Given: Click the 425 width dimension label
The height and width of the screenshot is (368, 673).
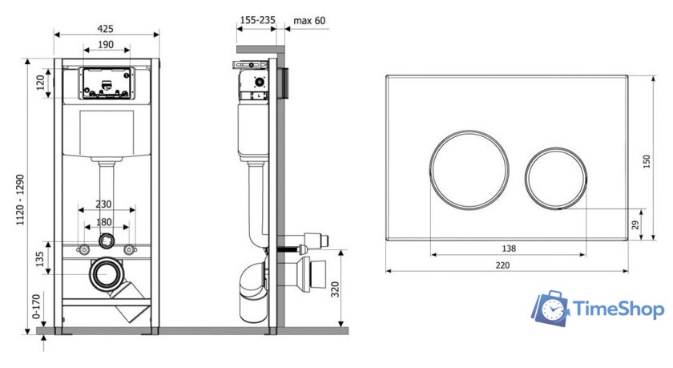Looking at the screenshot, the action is pyautogui.click(x=105, y=29).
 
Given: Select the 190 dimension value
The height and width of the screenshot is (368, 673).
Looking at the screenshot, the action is pyautogui.click(x=106, y=45).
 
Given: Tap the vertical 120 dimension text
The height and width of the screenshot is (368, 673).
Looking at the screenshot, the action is pyautogui.click(x=40, y=83).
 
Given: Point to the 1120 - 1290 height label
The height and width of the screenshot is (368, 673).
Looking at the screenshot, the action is pyautogui.click(x=20, y=200).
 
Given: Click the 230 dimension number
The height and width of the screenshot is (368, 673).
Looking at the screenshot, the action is pyautogui.click(x=103, y=204).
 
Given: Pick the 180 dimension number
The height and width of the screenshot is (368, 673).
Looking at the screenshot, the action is pyautogui.click(x=103, y=222).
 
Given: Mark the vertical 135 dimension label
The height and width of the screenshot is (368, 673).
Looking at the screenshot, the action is pyautogui.click(x=40, y=259).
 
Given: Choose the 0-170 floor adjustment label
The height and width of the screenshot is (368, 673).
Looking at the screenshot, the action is pyautogui.click(x=37, y=306).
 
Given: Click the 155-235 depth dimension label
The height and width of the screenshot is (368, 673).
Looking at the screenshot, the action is pyautogui.click(x=257, y=20).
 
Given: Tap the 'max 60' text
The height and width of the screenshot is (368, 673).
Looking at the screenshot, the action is pyautogui.click(x=309, y=20).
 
